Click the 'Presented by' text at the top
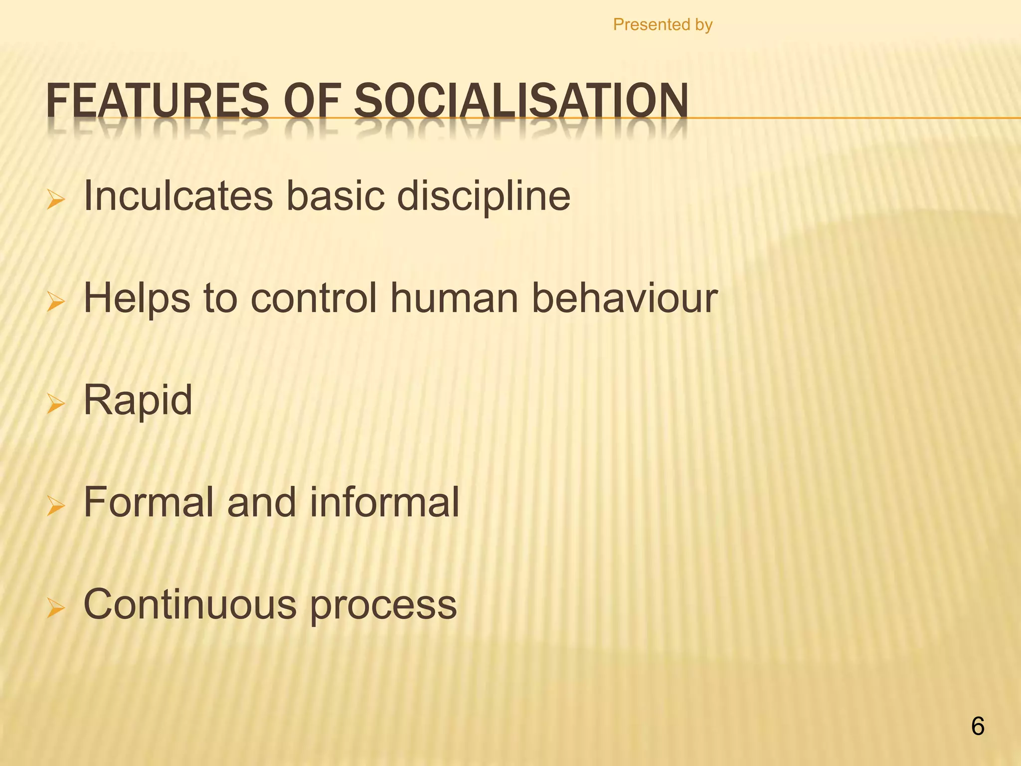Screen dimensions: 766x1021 (663, 24)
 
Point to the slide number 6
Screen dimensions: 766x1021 (978, 727)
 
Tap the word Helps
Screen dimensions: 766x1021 (137, 299)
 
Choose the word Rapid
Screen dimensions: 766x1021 (138, 400)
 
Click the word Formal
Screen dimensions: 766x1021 (148, 502)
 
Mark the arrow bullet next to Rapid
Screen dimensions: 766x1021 (55, 404)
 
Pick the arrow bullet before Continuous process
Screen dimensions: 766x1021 (55, 608)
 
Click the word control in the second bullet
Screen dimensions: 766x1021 (313, 299)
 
